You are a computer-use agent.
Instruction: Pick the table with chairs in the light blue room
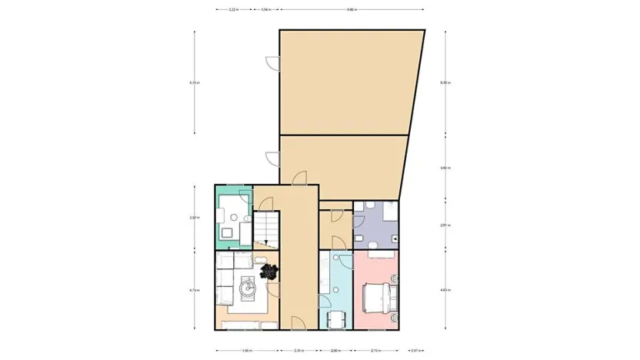tap(336, 319)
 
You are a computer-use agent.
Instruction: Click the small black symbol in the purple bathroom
tap(395, 238)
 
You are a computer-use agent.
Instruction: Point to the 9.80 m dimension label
tap(352, 10)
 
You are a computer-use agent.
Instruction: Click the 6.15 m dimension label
tap(194, 82)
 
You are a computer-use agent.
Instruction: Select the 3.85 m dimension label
tap(246, 352)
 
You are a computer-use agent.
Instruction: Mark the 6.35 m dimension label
tap(445, 82)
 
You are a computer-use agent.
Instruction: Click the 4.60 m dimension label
tap(445, 290)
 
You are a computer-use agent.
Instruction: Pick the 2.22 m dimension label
tap(233, 10)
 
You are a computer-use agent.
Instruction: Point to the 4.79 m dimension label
tap(194, 290)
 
